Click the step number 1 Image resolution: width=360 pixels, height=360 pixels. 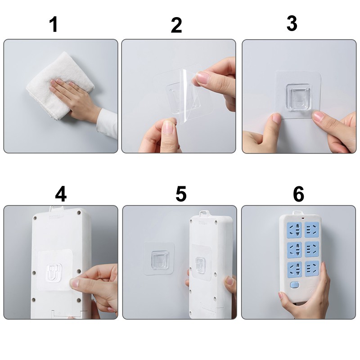point(54,24)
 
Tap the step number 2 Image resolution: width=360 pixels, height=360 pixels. point(176,25)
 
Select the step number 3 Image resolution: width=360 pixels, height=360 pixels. point(292,23)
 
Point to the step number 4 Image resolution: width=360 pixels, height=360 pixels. point(61,194)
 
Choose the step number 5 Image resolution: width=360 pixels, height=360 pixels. point(181,194)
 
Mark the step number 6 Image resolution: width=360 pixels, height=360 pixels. point(298,194)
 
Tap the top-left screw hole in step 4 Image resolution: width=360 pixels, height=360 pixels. point(35,218)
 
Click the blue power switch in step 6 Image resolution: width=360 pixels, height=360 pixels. point(295,285)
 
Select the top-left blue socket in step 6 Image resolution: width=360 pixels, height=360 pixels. point(294,230)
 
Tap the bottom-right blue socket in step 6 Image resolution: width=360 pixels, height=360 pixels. point(312,269)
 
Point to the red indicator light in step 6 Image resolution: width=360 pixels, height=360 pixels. point(303,218)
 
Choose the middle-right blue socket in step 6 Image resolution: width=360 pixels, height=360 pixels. point(312,249)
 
